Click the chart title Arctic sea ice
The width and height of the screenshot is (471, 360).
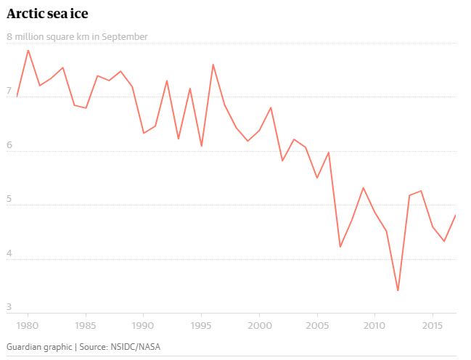[x=49, y=14]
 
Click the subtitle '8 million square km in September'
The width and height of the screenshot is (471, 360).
[x=77, y=36]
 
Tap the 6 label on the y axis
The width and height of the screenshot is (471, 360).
[x=9, y=144]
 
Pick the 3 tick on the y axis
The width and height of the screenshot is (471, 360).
[x=9, y=306]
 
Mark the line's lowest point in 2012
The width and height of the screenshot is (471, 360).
[x=398, y=290]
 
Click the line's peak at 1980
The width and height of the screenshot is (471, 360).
[x=28, y=50]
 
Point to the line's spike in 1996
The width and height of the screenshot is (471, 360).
[x=213, y=65]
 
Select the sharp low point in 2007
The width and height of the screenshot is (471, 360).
[x=340, y=247]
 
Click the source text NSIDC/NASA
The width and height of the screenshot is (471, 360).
[x=134, y=346]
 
